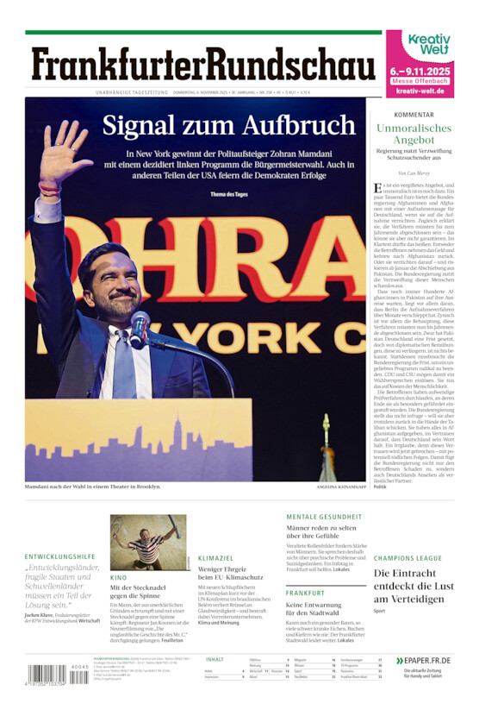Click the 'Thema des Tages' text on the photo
pyautogui.click(x=227, y=193)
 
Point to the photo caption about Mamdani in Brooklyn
pyautogui.click(x=93, y=487)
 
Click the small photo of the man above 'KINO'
pyautogui.click(x=147, y=543)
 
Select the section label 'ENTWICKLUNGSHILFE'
pyautogui.click(x=60, y=556)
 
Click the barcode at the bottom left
pyautogui.click(x=47, y=675)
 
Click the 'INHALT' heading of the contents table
pyautogui.click(x=215, y=659)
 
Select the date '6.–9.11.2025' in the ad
pyautogui.click(x=420, y=71)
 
